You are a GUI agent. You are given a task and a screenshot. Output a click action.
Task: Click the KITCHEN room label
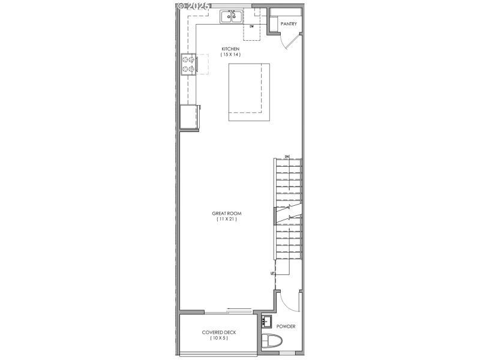point(230,49)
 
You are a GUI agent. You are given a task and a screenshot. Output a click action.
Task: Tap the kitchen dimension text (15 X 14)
point(230,55)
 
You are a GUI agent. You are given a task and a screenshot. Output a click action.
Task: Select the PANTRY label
point(289,24)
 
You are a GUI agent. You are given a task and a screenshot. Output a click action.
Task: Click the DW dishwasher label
point(252,27)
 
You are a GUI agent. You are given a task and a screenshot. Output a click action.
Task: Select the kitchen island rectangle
point(248,92)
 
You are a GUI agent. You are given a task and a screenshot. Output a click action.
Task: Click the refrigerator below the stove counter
point(190,116)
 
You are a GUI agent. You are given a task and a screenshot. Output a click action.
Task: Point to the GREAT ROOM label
point(227,214)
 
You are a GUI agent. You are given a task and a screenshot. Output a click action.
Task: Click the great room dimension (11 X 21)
point(227,220)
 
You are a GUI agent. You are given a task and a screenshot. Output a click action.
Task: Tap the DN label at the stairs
point(287,157)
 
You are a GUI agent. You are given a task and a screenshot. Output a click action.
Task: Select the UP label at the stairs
point(273,273)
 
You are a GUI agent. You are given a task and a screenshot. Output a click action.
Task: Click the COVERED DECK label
point(218,332)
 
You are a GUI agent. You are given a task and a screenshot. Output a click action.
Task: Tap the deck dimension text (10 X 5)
point(218,338)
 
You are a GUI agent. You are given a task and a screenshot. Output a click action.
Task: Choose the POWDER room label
point(286,327)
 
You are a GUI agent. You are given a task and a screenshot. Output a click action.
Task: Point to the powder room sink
point(267,320)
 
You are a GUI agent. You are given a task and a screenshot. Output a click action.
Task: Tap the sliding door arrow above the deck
point(239,310)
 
